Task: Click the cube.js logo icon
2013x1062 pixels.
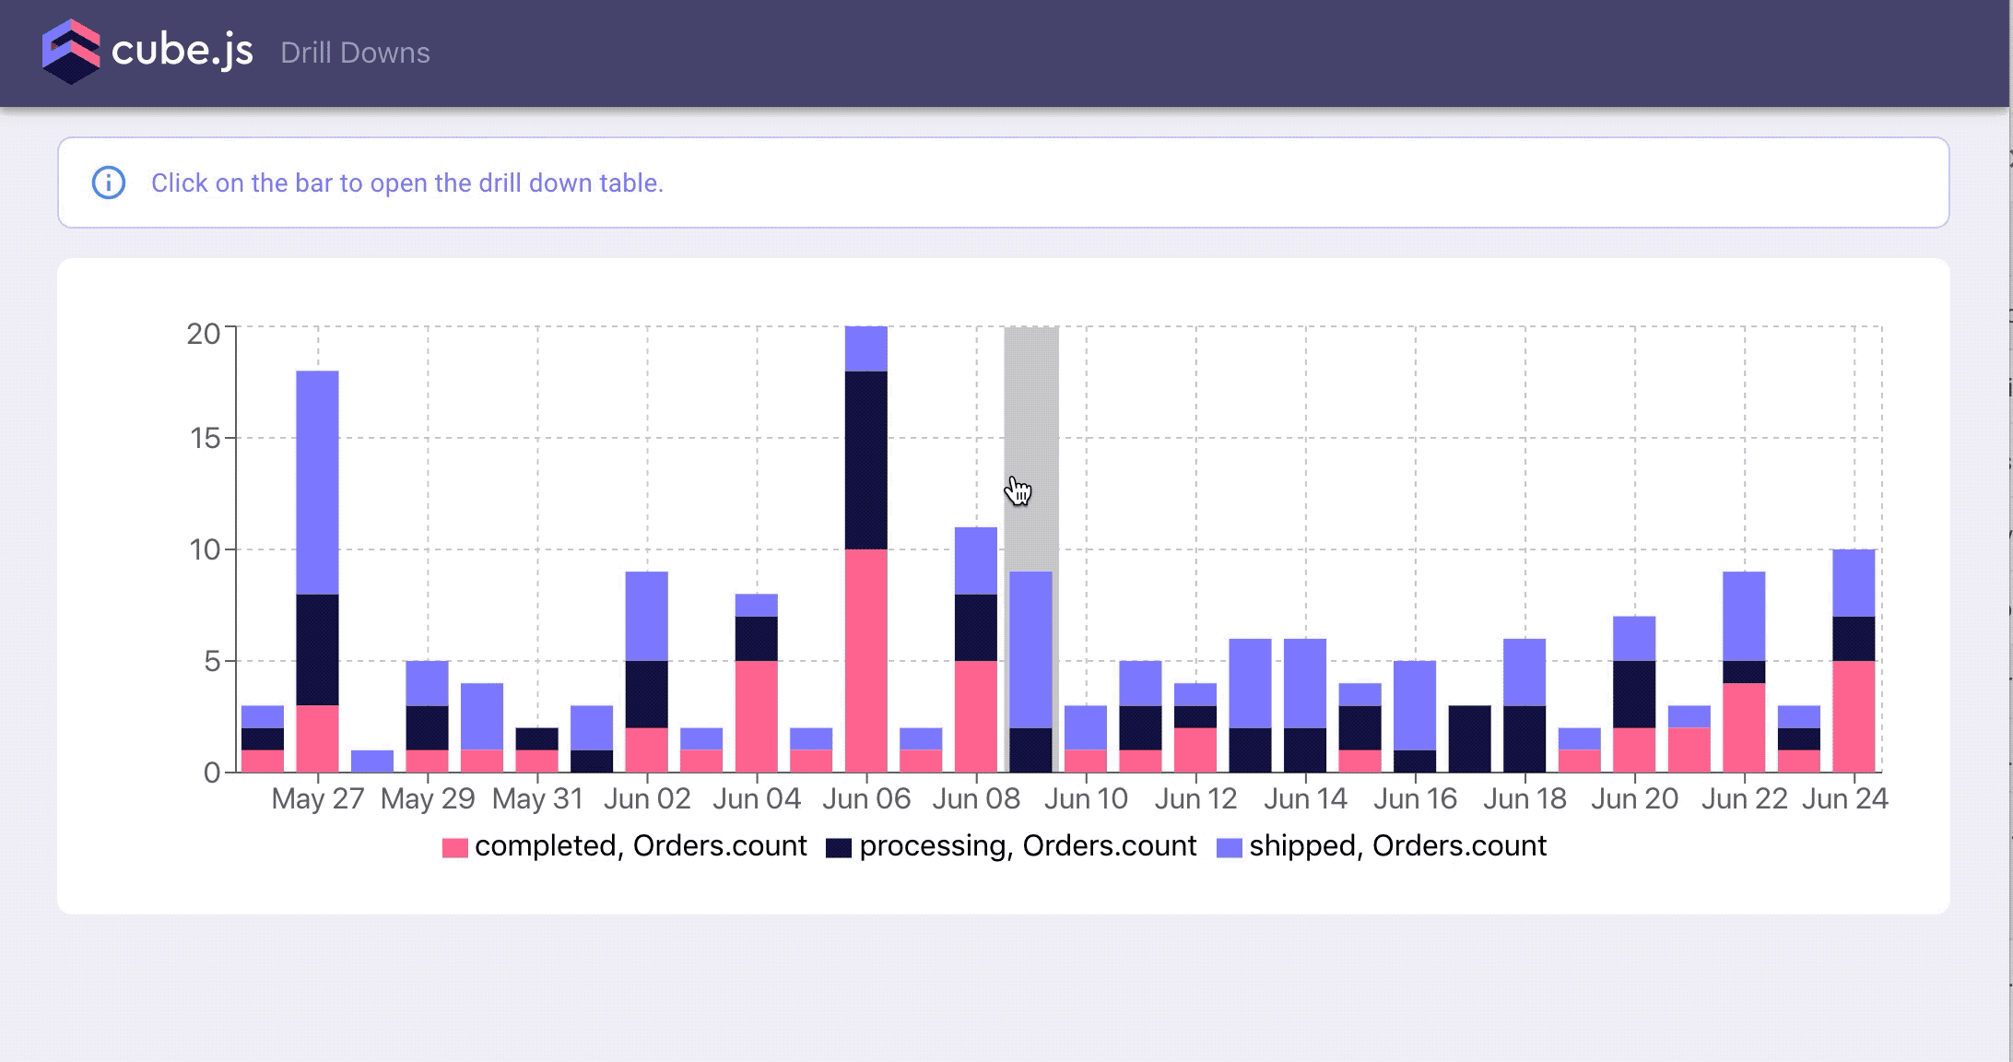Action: pyautogui.click(x=71, y=52)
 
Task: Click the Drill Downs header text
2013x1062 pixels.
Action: pyautogui.click(x=355, y=53)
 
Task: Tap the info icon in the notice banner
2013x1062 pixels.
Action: pyautogui.click(x=109, y=183)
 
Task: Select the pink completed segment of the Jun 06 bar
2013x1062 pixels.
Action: pyautogui.click(x=866, y=660)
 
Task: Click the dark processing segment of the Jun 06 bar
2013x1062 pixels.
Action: pyautogui.click(x=866, y=460)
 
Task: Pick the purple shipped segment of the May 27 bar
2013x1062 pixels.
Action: pyautogui.click(x=317, y=482)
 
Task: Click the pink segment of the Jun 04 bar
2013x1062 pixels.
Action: pyautogui.click(x=757, y=716)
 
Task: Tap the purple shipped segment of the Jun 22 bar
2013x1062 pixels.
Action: pyautogui.click(x=1744, y=616)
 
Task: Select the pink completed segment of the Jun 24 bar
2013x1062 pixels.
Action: pyautogui.click(x=1854, y=716)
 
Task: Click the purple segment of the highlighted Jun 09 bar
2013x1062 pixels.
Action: pyautogui.click(x=1031, y=649)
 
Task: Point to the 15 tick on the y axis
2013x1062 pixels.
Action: pyautogui.click(x=206, y=438)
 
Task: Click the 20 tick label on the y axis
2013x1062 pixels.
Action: pyautogui.click(x=204, y=333)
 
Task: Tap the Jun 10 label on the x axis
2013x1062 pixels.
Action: pyautogui.click(x=1086, y=798)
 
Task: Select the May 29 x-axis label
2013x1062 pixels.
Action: pyautogui.click(x=428, y=798)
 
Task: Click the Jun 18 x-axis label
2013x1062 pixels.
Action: pyautogui.click(x=1524, y=798)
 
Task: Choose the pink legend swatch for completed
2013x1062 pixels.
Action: pyautogui.click(x=455, y=847)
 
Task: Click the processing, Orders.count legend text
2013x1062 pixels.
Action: pyautogui.click(x=1028, y=846)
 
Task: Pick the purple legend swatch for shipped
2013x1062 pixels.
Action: pyautogui.click(x=1230, y=847)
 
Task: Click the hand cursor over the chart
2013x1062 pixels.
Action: pyautogui.click(x=1018, y=490)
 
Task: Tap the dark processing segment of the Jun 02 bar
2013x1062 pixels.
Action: pyautogui.click(x=647, y=694)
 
